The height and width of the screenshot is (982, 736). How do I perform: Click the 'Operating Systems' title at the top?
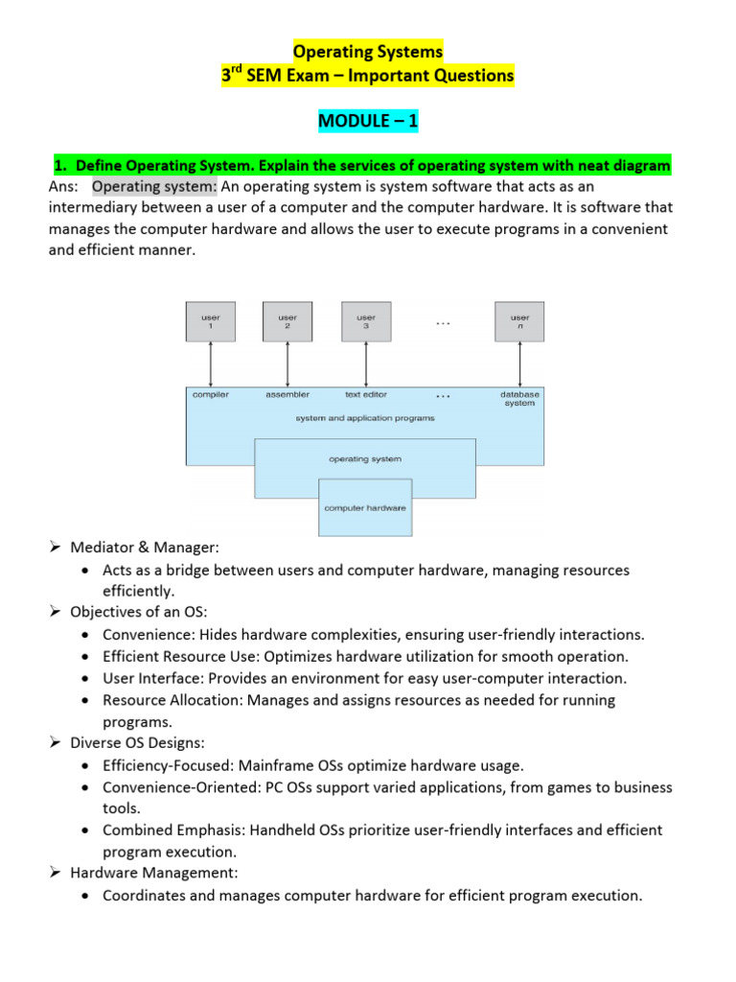(x=368, y=51)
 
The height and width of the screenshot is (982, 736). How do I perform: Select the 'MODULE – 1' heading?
(x=368, y=122)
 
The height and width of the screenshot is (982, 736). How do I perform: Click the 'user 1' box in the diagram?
(x=210, y=321)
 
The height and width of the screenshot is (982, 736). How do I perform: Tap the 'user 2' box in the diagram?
(x=287, y=321)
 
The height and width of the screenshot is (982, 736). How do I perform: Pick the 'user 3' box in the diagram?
(x=365, y=321)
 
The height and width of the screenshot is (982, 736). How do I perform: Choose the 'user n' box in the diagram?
(x=519, y=321)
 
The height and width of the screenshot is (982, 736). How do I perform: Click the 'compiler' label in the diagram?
(x=211, y=394)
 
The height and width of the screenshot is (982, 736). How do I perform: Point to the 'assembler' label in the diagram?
(x=287, y=394)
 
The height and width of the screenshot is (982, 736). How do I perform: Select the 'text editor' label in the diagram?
(x=365, y=394)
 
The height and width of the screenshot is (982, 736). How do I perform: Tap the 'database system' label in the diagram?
(x=519, y=398)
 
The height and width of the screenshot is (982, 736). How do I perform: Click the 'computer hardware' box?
(x=365, y=507)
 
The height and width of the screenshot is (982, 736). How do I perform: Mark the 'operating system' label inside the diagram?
(x=365, y=459)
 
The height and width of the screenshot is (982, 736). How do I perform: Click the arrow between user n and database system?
(x=519, y=363)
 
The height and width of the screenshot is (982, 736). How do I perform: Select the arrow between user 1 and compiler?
(x=210, y=363)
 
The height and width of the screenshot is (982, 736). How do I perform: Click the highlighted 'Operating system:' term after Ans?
(x=155, y=186)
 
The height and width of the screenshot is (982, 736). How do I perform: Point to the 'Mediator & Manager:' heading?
(x=145, y=548)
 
